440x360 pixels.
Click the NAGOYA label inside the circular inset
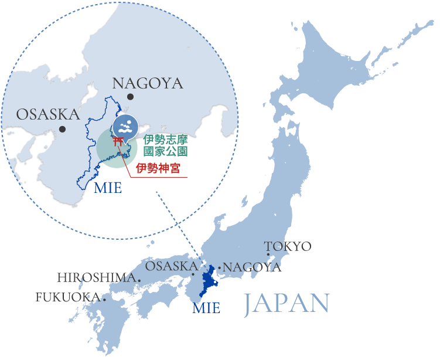[x=147, y=83]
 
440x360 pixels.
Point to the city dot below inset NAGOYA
[x=129, y=97]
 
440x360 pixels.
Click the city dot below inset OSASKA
[x=62, y=129]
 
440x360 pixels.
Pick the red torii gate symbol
[x=118, y=141]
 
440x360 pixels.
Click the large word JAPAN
[x=286, y=303]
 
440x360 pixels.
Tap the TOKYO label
[x=288, y=246]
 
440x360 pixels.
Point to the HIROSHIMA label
[x=96, y=277]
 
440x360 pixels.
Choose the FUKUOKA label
[x=67, y=297]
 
